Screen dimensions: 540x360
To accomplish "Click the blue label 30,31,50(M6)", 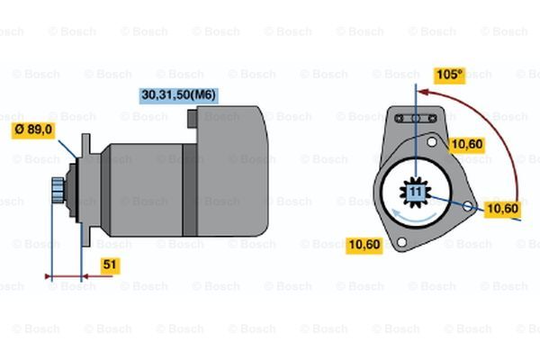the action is pyautogui.click(x=179, y=95).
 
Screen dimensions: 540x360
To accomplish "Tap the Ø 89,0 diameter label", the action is pyautogui.click(x=33, y=130).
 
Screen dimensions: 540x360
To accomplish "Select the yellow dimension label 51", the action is pyautogui.click(x=110, y=265).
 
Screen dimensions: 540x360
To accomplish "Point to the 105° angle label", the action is pyautogui.click(x=449, y=75).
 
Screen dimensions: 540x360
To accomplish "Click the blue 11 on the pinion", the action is pyautogui.click(x=416, y=192).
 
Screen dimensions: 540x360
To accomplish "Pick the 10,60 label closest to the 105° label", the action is pyautogui.click(x=467, y=145).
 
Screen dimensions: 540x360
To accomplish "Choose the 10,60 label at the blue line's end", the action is pyautogui.click(x=503, y=209).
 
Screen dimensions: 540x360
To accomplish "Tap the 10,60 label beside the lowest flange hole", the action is pyautogui.click(x=364, y=245).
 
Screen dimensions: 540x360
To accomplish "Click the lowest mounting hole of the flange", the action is pyautogui.click(x=401, y=242).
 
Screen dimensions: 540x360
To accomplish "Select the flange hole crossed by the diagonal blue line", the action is pyautogui.click(x=467, y=206).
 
